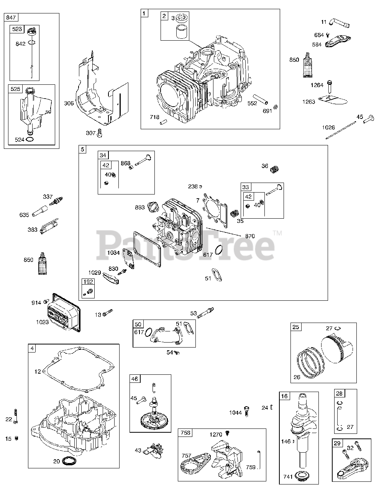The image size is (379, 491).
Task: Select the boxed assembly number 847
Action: point(11,17)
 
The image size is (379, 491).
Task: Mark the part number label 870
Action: point(250,236)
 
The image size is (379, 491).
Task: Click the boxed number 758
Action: point(185,433)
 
